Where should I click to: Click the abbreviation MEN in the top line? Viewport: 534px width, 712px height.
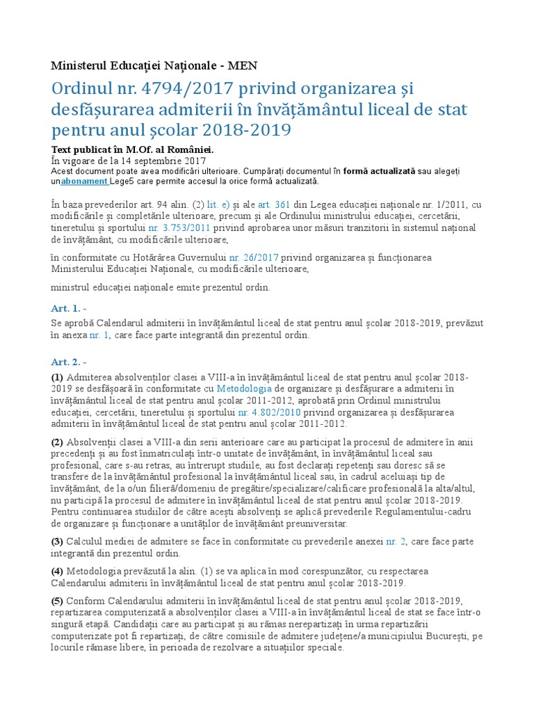click(x=242, y=66)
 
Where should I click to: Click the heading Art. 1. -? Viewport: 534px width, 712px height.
click(x=69, y=308)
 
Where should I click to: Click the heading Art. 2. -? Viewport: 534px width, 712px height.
click(x=69, y=362)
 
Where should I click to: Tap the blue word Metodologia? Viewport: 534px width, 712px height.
click(x=244, y=388)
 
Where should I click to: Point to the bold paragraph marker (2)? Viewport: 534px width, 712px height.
click(x=58, y=442)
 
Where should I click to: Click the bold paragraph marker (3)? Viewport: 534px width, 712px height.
click(x=58, y=541)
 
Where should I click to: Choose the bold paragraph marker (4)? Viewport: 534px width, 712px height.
click(x=58, y=571)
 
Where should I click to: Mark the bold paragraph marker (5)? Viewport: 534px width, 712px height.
click(x=58, y=600)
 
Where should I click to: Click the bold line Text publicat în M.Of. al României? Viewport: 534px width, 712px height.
click(x=133, y=149)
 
